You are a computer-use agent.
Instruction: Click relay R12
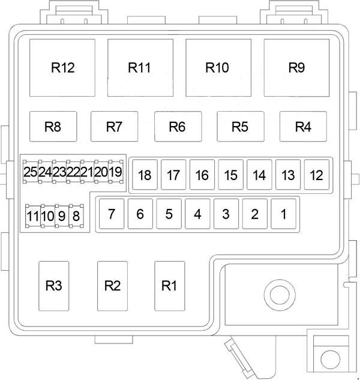pyautogui.click(x=62, y=68)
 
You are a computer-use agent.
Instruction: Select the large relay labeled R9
pyautogui.click(x=296, y=68)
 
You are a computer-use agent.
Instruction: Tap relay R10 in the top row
pyautogui.click(x=218, y=68)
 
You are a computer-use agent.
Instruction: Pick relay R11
pyautogui.click(x=140, y=68)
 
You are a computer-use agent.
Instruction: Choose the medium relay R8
pyautogui.click(x=53, y=126)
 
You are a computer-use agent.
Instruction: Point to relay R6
pyautogui.click(x=178, y=126)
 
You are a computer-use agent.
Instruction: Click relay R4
pyautogui.click(x=303, y=126)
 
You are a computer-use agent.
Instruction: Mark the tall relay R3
pyautogui.click(x=54, y=286)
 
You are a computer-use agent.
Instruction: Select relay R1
pyautogui.click(x=170, y=286)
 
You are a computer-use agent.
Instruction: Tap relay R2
pyautogui.click(x=112, y=286)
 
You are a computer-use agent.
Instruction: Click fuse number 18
pyautogui.click(x=145, y=175)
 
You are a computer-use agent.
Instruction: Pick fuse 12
pyautogui.click(x=317, y=175)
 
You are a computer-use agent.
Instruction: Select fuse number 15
pyautogui.click(x=230, y=175)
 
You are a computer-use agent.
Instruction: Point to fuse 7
pyautogui.click(x=112, y=214)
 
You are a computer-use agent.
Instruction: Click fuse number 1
pyautogui.click(x=283, y=214)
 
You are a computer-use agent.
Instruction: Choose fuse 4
pyautogui.click(x=197, y=214)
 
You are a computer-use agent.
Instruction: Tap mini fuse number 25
pyautogui.click(x=31, y=172)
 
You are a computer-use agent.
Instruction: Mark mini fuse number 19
pyautogui.click(x=116, y=172)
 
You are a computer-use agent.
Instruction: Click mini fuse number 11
pyautogui.click(x=33, y=216)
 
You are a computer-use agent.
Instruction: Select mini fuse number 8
pyautogui.click(x=76, y=216)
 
